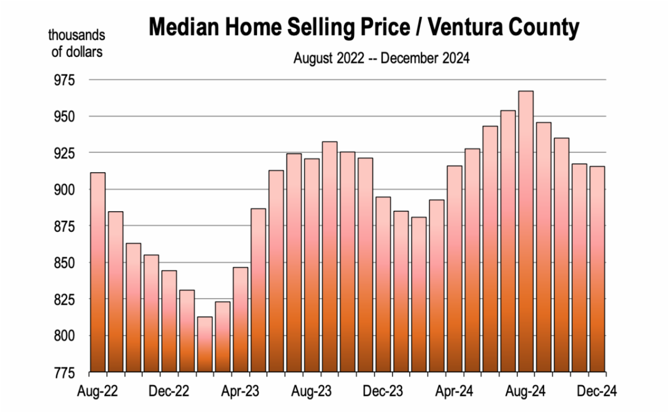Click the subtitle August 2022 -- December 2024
(x=382, y=58)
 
